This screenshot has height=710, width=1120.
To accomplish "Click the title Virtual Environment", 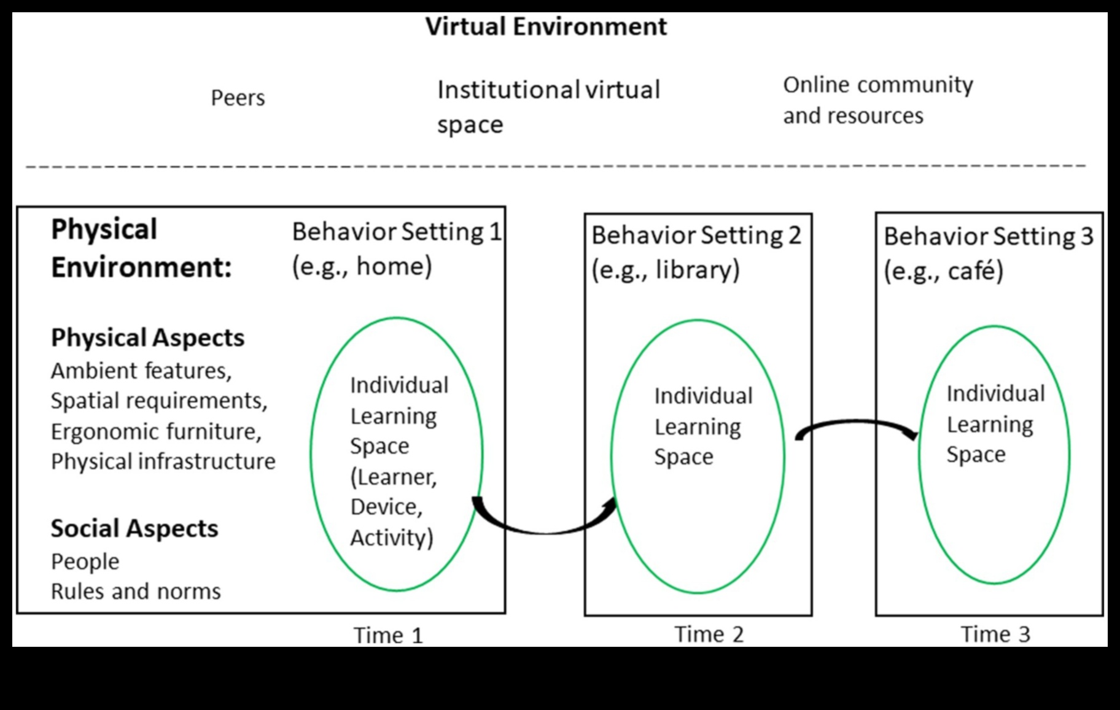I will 546,26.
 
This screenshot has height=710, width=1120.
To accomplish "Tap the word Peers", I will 238,98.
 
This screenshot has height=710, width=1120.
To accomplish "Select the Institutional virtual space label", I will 548,106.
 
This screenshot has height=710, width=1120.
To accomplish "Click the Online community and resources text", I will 877,100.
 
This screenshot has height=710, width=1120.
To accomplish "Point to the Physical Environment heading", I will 141,248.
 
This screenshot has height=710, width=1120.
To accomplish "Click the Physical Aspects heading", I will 147,338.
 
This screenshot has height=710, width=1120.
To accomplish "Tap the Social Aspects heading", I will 134,528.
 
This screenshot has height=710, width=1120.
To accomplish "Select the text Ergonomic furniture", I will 156,431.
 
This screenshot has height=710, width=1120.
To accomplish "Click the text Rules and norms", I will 136,591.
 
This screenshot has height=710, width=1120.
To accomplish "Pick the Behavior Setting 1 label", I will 397,232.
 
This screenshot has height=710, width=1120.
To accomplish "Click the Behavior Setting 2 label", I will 696,236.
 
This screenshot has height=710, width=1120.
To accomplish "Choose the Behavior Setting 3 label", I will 989,237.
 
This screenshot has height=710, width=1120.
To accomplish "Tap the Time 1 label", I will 388,635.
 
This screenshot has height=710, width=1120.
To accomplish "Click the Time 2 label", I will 709,634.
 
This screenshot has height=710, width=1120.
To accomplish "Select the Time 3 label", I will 995,634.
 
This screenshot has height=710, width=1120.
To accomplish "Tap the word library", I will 696,270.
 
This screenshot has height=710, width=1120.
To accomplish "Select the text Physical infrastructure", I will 163,461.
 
